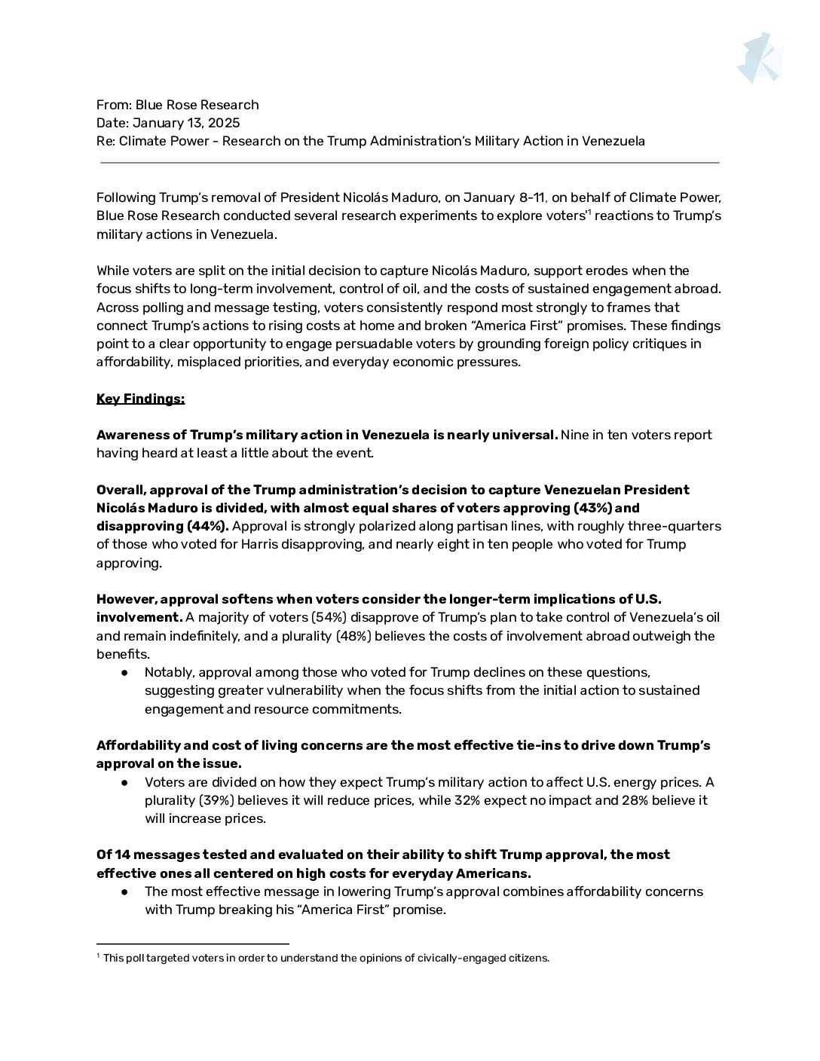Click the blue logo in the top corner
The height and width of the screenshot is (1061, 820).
tap(759, 58)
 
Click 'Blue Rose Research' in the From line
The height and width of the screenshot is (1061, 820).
tap(197, 105)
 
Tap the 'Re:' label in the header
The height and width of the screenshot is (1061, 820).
tap(106, 141)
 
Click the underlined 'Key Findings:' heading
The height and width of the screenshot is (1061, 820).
tap(140, 399)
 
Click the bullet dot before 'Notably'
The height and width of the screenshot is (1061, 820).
tap(125, 672)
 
